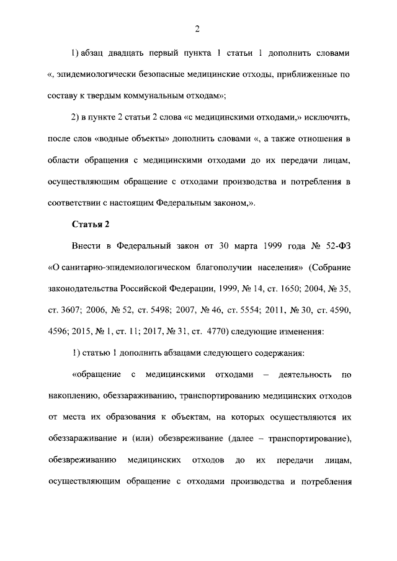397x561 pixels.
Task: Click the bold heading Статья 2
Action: pyautogui.click(x=89, y=224)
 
